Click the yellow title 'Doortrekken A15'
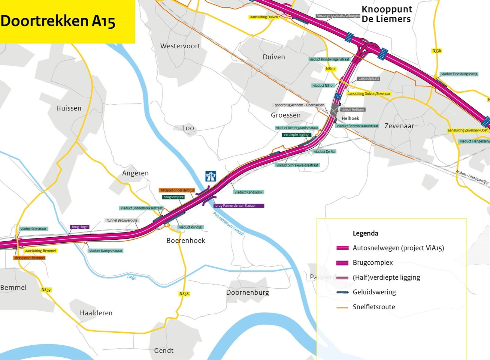(x=58, y=21)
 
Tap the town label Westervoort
(x=180, y=46)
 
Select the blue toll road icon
(x=211, y=176)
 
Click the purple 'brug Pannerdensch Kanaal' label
(x=239, y=206)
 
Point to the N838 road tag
(x=184, y=294)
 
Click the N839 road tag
(x=46, y=289)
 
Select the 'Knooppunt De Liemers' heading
(x=386, y=14)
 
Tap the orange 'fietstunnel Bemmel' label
(x=30, y=258)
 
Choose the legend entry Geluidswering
(x=374, y=292)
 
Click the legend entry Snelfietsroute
(x=374, y=307)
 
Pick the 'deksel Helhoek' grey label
(x=353, y=110)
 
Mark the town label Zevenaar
(x=399, y=126)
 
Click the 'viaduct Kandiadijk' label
(x=248, y=192)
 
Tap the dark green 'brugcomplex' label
(x=174, y=197)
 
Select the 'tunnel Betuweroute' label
(x=122, y=220)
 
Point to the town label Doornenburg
(x=247, y=292)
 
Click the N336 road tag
(x=437, y=51)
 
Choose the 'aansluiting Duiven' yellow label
(x=264, y=17)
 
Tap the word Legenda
(x=365, y=233)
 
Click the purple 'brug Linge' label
(x=80, y=227)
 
